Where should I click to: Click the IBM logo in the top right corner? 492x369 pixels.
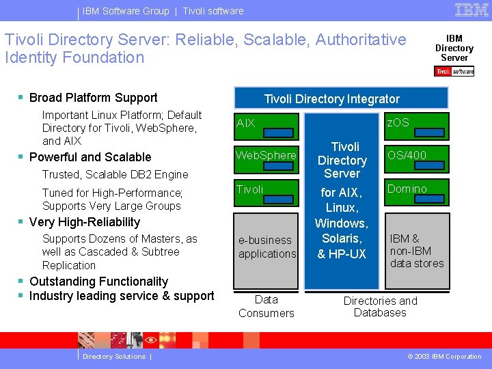click(471, 10)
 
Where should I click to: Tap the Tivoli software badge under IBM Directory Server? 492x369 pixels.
click(454, 71)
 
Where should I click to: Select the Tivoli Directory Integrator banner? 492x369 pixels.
click(331, 99)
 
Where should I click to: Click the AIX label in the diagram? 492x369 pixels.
click(245, 123)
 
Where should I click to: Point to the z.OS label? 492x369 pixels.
click(398, 122)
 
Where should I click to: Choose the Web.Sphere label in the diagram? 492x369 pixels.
click(266, 155)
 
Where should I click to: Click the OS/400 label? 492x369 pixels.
click(407, 155)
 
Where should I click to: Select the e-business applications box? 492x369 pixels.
click(266, 247)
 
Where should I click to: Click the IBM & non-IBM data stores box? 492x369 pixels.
click(416, 251)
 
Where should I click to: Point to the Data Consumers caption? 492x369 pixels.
click(266, 306)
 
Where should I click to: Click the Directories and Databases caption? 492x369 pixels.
click(380, 307)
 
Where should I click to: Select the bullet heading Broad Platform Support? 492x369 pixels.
click(93, 98)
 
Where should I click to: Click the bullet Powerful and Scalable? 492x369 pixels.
click(90, 157)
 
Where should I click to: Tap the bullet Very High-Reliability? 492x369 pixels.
click(84, 222)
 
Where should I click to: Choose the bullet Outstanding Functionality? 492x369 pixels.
click(98, 282)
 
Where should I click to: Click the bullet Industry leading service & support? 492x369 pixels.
click(121, 296)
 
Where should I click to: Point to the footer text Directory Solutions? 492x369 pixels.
click(113, 357)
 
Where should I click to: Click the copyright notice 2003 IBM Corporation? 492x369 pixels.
click(444, 357)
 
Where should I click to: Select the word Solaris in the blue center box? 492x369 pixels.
click(342, 238)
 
